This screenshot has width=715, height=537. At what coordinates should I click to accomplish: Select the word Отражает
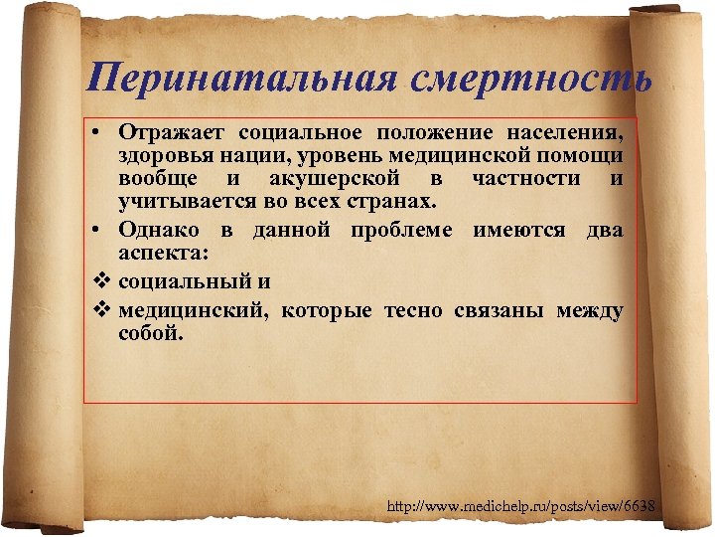[173, 133]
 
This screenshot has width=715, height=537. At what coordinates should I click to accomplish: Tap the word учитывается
[178, 204]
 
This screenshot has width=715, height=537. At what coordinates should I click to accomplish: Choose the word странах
[392, 204]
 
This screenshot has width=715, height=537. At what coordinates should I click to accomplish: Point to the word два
[604, 231]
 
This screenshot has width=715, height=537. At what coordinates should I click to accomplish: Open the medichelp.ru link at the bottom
[520, 508]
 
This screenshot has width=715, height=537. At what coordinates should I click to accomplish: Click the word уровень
[352, 156]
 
